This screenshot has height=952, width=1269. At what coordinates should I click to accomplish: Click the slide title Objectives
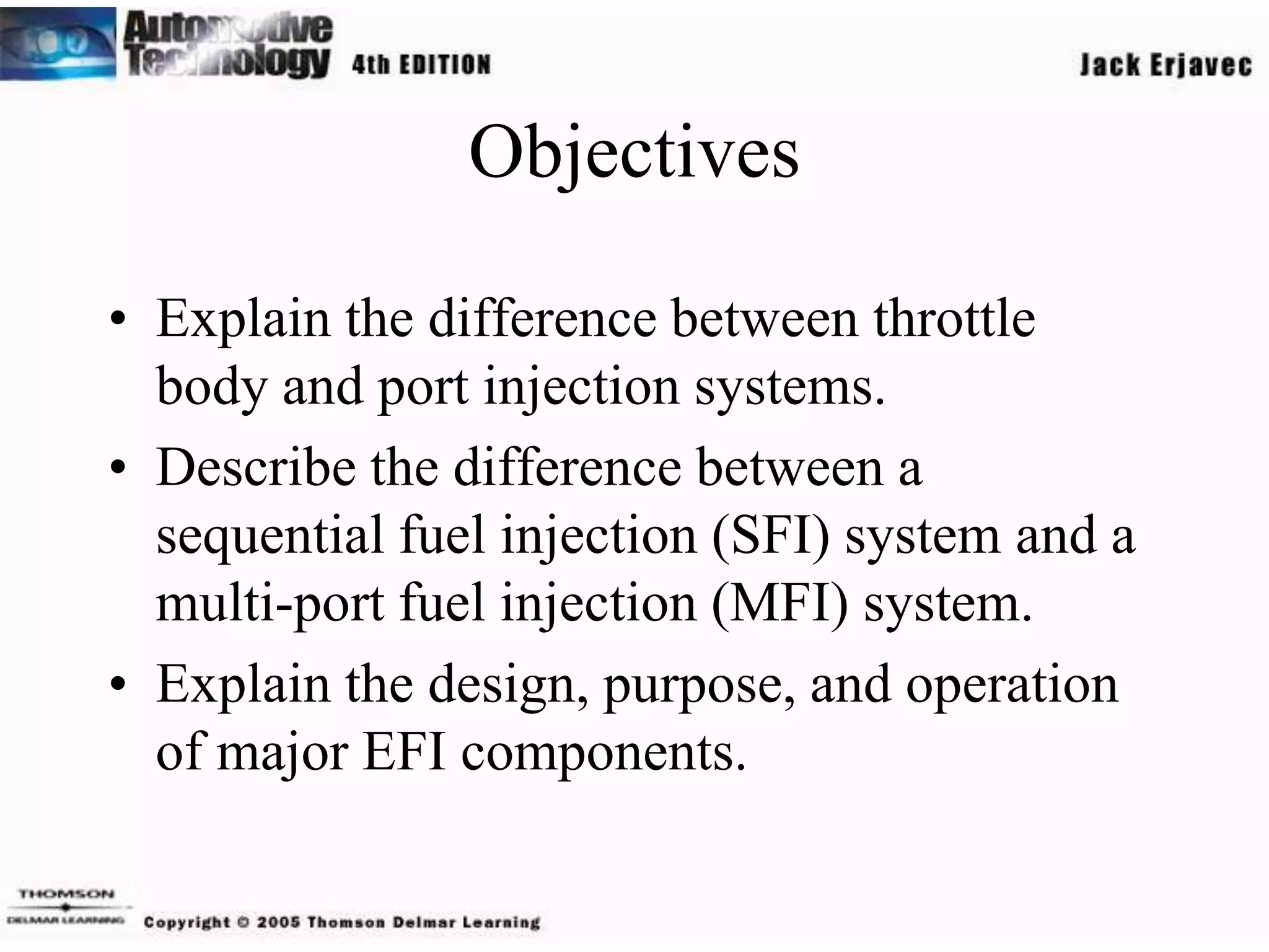coord(634,152)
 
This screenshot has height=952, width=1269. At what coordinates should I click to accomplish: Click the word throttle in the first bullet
coord(954,319)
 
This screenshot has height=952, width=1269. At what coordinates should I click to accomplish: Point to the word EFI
coord(405,752)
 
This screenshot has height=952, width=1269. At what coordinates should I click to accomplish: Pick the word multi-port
coord(270,604)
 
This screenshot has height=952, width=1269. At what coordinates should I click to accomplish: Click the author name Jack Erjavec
coord(1166,65)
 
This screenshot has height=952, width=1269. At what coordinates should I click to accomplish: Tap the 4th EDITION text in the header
coord(421,64)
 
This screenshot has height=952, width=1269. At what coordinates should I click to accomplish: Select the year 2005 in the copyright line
coord(278,922)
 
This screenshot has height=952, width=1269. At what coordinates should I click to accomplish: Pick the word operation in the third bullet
coord(1012,685)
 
